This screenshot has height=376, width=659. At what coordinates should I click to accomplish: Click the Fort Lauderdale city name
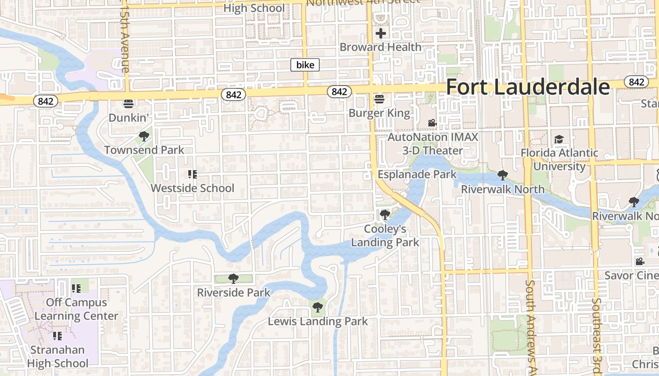coord(528,87)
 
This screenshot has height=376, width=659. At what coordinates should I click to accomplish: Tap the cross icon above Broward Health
coord(380,33)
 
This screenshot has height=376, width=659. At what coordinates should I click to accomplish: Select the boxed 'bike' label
coord(305,65)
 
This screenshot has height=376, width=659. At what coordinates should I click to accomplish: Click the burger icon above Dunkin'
coord(129,103)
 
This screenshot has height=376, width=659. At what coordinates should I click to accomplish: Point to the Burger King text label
coord(379,113)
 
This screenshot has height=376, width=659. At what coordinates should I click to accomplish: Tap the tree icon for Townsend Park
coord(144,136)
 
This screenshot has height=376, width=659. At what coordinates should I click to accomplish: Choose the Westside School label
coord(192,188)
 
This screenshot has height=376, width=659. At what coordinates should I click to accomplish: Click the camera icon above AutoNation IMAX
coord(432,123)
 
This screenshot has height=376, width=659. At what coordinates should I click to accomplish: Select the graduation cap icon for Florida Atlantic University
coord(559,139)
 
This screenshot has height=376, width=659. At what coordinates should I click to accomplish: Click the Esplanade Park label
coord(417,174)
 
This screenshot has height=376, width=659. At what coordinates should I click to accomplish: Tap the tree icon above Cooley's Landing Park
coord(385,215)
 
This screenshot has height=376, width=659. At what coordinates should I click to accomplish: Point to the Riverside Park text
coord(233,292)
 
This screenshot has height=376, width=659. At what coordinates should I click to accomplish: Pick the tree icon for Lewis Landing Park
coord(318,307)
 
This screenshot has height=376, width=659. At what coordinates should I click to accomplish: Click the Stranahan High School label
coord(57,356)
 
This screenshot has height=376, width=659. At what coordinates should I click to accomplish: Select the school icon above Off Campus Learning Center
coord(76,288)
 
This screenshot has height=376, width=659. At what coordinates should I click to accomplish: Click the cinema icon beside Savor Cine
coord(640,261)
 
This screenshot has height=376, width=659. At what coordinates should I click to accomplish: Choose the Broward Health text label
coord(380,47)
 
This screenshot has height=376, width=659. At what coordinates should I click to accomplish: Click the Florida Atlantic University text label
coord(559,159)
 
